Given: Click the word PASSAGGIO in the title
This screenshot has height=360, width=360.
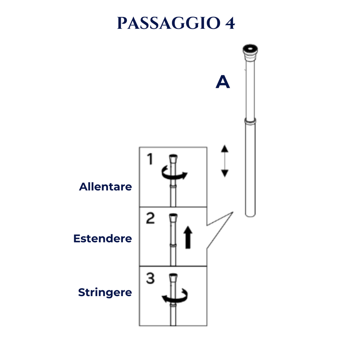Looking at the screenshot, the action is click(x=169, y=23).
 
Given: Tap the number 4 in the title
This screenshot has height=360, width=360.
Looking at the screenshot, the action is click(x=230, y=23).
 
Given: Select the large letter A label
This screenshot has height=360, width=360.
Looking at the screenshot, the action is click(x=223, y=82).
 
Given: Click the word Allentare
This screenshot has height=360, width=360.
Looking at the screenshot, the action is click(x=105, y=187).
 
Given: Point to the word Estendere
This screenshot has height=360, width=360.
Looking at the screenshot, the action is click(x=103, y=238).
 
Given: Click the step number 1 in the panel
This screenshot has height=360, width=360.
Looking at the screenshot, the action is click(x=150, y=159).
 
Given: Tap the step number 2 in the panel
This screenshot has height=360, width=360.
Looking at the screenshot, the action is click(x=150, y=218).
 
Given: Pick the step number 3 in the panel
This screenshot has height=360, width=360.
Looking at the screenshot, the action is click(x=150, y=278).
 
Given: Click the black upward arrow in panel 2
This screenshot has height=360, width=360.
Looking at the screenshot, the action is click(x=188, y=238).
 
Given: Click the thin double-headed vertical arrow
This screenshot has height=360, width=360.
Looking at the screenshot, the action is click(x=225, y=161).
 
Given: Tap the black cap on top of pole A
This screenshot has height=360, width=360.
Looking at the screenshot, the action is click(x=250, y=49).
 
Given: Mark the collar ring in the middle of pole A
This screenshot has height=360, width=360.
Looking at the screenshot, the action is click(x=250, y=121).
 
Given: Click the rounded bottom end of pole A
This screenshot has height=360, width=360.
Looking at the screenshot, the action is click(x=250, y=215).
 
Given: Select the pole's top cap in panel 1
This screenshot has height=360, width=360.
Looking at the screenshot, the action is click(x=173, y=159).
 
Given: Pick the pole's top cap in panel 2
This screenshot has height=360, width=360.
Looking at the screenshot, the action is click(x=173, y=218).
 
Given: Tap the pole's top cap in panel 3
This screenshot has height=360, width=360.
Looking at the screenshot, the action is click(x=173, y=277).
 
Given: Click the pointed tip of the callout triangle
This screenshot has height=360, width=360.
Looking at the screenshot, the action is click(x=233, y=212).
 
